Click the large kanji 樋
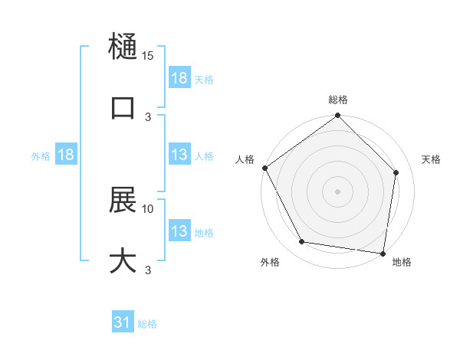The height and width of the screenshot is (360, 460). [x=123, y=47]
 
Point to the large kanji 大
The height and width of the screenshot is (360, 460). [x=123, y=261]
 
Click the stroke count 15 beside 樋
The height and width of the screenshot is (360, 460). [x=148, y=56]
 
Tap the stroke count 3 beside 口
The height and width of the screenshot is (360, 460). [x=148, y=116]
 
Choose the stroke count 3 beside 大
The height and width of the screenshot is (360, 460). [x=148, y=270]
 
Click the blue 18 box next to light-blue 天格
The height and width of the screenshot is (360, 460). [x=179, y=78]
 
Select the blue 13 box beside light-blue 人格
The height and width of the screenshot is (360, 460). [x=179, y=155]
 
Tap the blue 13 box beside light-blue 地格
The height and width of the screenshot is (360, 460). [x=179, y=231]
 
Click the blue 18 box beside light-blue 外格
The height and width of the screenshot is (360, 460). [x=66, y=155]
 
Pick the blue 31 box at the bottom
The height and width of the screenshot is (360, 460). [x=123, y=323]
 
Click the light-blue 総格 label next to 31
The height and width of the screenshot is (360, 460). [x=147, y=324]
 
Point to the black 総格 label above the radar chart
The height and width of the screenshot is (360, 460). [x=338, y=100]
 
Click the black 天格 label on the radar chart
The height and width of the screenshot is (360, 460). [x=432, y=159]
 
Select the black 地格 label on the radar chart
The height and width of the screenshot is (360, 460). [x=402, y=262]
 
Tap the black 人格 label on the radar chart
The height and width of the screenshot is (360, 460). [x=245, y=159]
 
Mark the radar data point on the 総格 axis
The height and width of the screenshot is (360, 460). [x=338, y=116]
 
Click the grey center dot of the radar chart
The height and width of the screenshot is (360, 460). [x=338, y=191]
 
